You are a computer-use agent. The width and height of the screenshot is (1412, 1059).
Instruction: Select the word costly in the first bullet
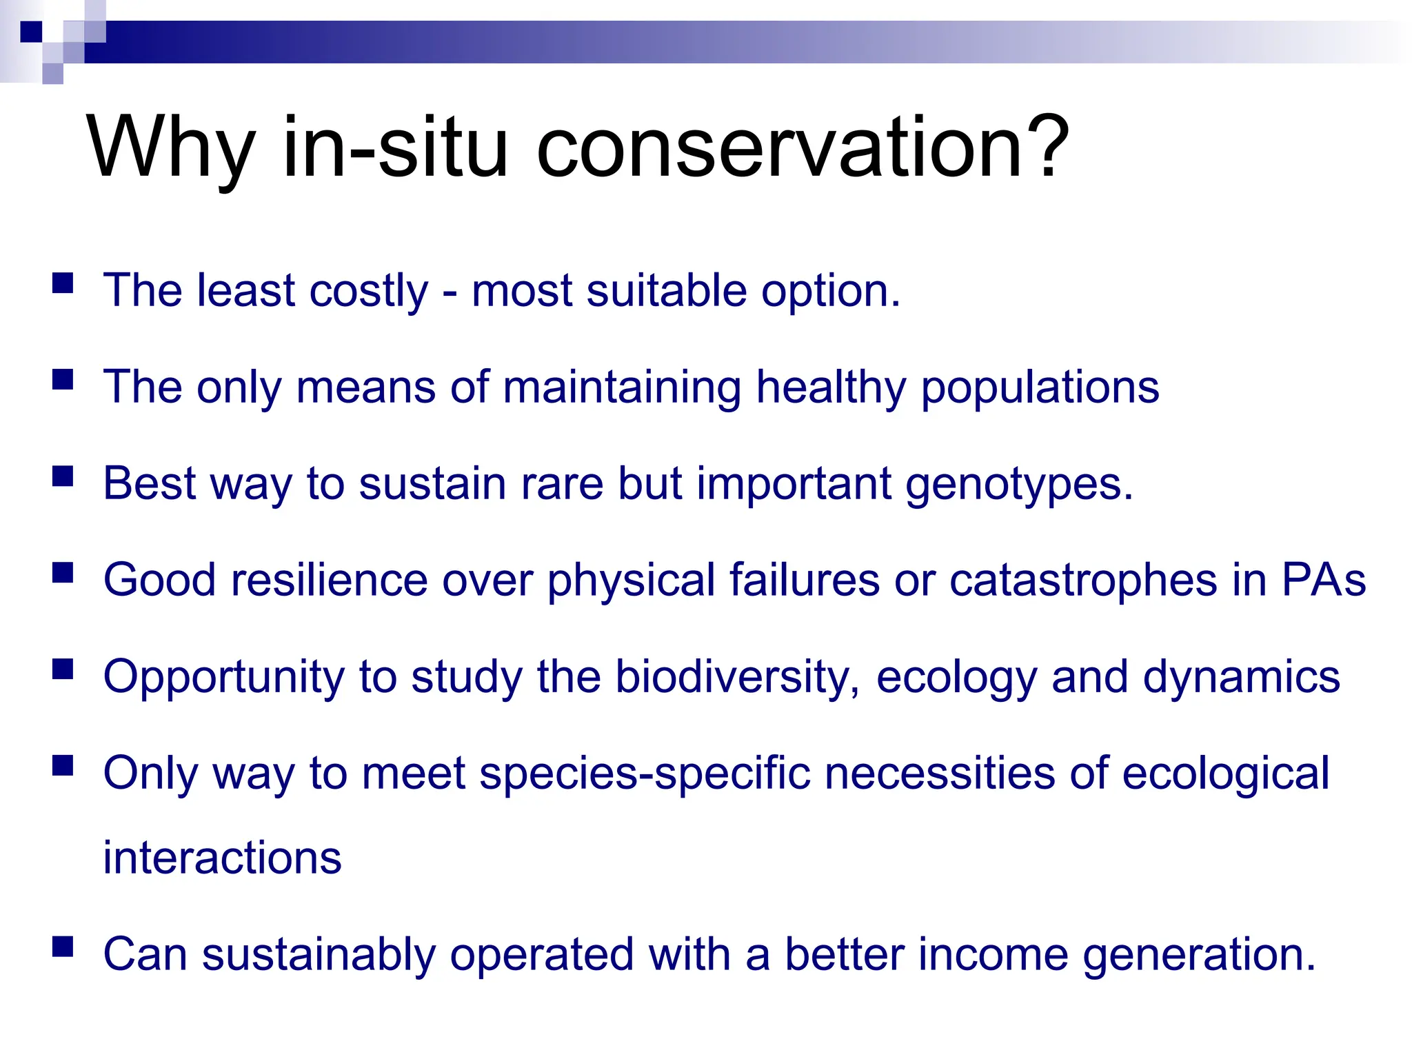(369, 291)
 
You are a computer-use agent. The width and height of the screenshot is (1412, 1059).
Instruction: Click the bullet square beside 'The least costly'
(63, 283)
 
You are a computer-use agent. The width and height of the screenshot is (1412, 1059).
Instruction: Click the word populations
(1040, 389)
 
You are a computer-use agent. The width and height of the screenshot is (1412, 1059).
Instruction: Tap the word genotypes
(1019, 485)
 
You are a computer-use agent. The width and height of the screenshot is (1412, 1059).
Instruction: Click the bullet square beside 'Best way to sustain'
(63, 476)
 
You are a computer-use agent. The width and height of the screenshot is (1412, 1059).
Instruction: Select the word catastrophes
(1083, 581)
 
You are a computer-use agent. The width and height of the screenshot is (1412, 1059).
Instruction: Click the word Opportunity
(223, 678)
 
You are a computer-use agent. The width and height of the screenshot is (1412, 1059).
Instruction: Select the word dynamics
(1241, 678)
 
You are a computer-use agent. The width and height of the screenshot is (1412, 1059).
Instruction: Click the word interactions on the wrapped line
(222, 858)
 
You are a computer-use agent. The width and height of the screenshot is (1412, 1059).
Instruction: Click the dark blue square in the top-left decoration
(32, 32)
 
